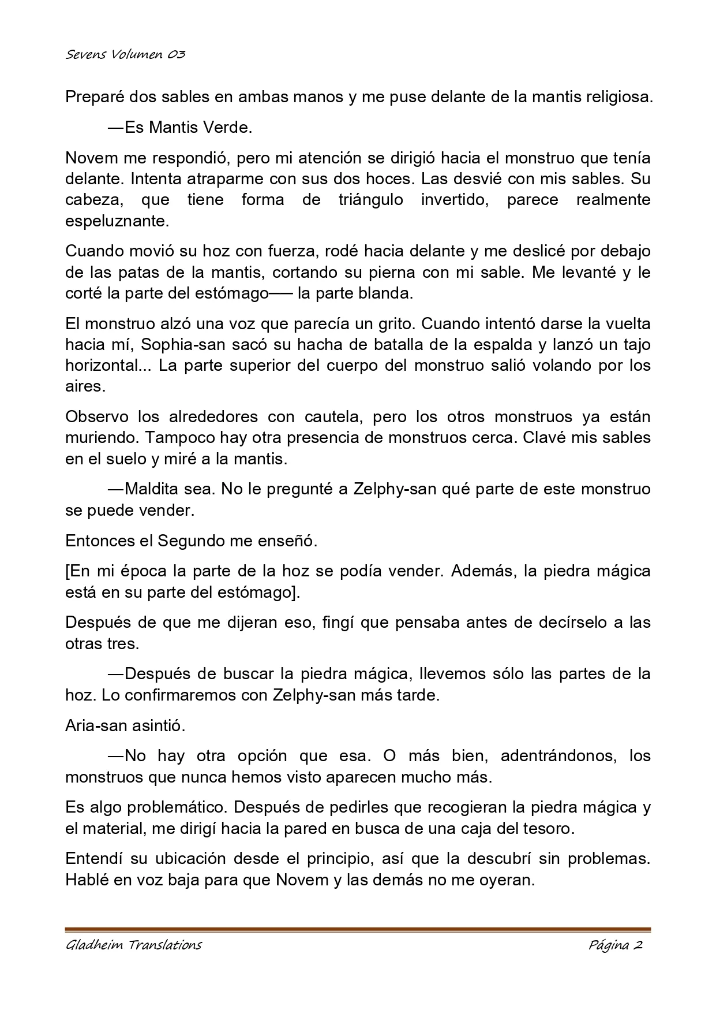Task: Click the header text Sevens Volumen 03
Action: pyautogui.click(x=125, y=55)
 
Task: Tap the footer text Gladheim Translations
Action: pyautogui.click(x=133, y=945)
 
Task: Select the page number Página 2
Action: pyautogui.click(x=616, y=945)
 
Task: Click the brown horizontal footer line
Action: pyautogui.click(x=358, y=929)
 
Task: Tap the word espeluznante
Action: pyautogui.click(x=118, y=221)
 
